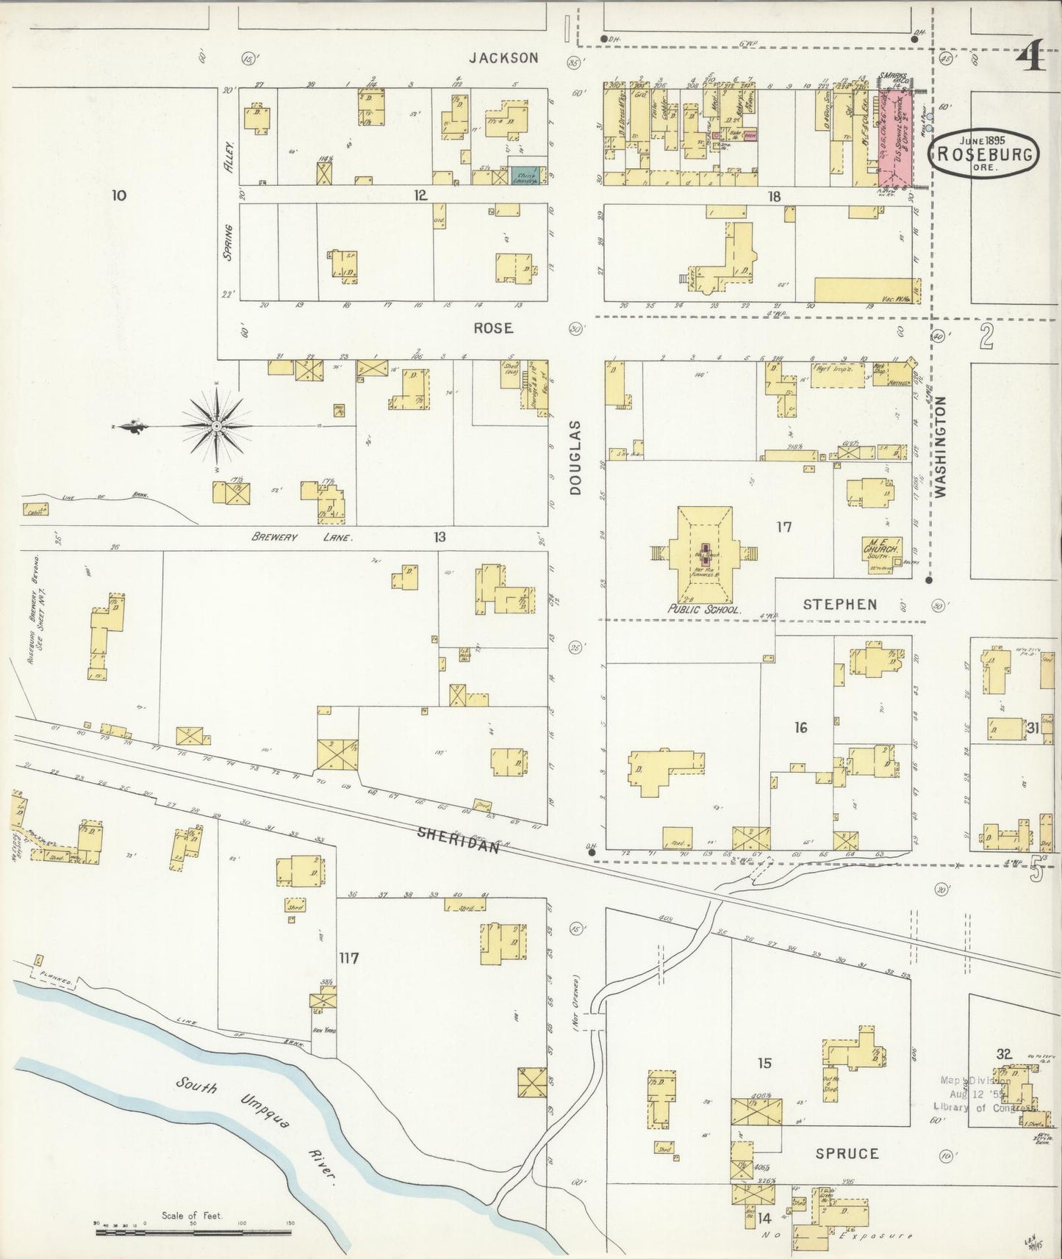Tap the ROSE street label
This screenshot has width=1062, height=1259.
[x=493, y=328]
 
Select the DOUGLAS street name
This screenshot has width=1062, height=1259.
[x=575, y=457]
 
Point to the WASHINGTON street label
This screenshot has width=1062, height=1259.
[x=941, y=447]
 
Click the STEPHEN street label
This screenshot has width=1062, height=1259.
[x=840, y=605]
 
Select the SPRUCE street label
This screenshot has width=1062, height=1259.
[x=847, y=1153]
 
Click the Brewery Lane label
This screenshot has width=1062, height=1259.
[x=301, y=537]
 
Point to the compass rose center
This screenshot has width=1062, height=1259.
[x=217, y=426]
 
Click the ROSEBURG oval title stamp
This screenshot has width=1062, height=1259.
[x=986, y=154]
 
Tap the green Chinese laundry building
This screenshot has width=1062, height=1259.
[x=528, y=175]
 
